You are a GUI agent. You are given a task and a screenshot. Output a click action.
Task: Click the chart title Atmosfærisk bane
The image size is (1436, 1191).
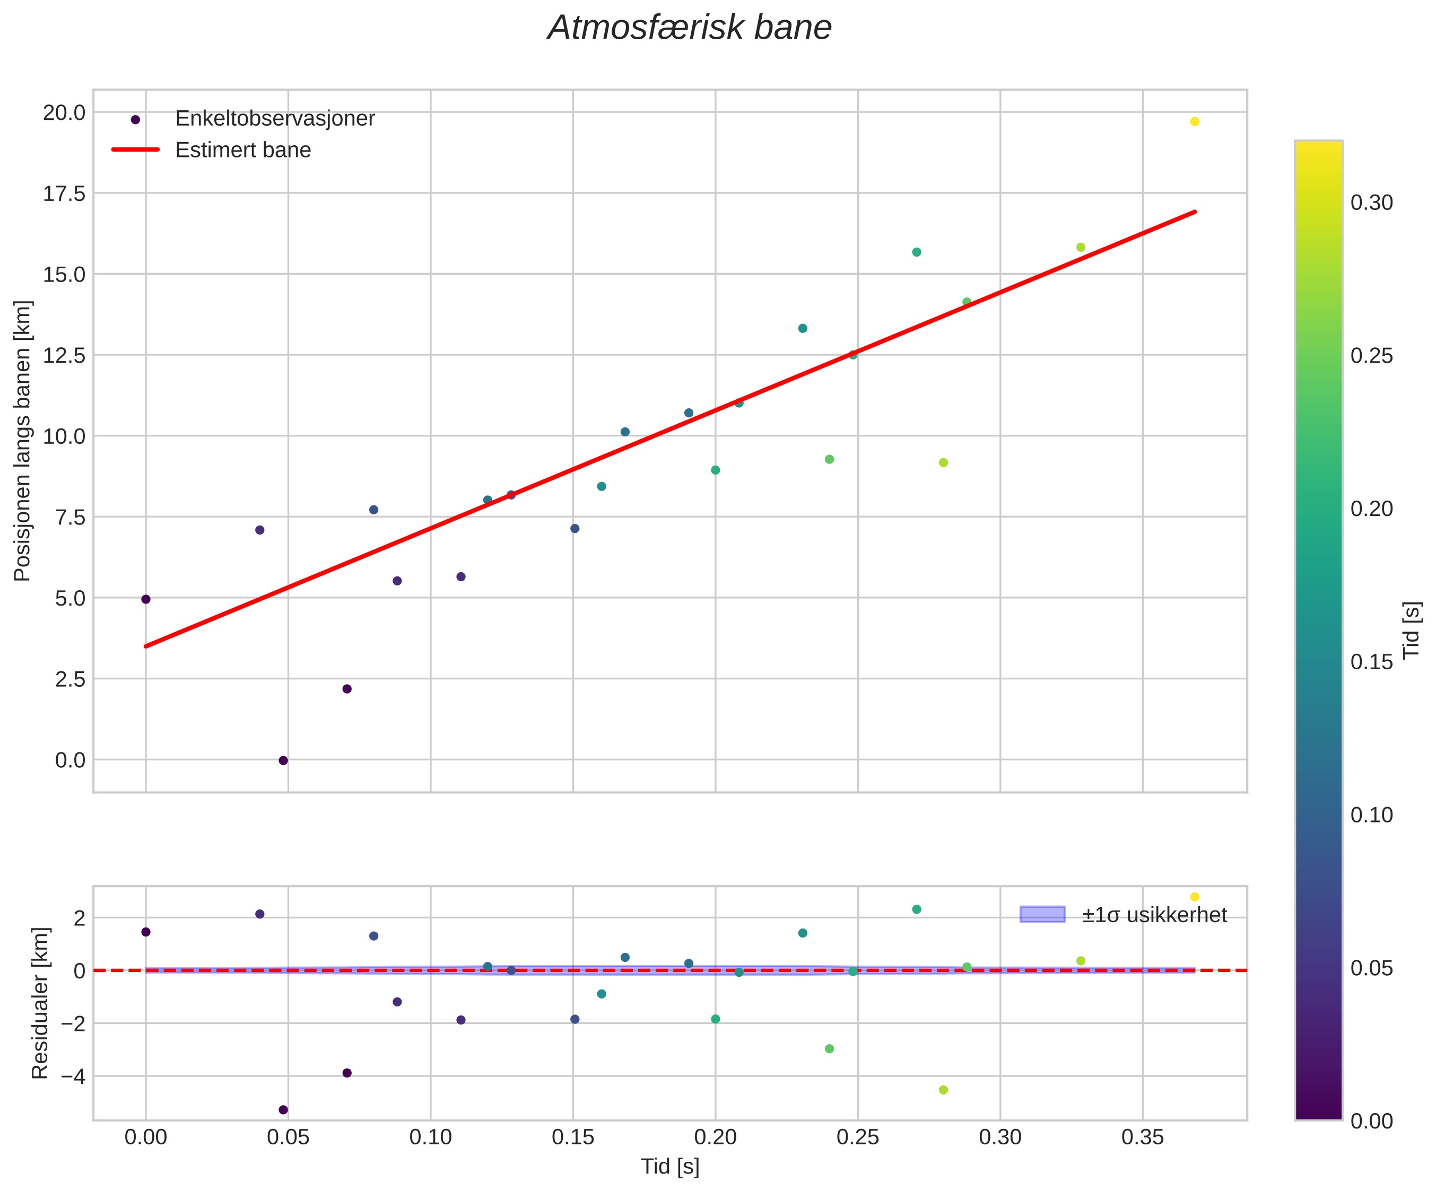689,29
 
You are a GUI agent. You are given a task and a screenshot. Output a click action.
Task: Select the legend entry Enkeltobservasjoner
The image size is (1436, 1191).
275,119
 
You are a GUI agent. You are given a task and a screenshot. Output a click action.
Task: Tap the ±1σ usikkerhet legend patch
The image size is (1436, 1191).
1042,915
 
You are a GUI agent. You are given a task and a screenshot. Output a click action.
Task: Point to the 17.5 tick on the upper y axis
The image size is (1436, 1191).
64,194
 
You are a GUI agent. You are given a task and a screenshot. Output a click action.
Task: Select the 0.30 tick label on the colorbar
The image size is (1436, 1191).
1372,203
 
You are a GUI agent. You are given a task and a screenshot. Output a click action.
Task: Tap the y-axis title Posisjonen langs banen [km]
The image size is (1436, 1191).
23,441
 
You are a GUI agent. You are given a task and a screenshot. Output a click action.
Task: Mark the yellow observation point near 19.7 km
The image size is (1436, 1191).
1195,121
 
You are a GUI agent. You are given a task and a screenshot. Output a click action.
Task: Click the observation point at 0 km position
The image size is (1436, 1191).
283,760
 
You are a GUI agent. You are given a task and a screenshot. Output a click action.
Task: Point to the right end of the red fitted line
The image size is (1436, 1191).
1195,212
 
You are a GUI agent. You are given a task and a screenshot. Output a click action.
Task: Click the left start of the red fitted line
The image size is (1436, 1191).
146,646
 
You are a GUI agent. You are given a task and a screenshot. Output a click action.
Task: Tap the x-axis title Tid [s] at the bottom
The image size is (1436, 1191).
670,1167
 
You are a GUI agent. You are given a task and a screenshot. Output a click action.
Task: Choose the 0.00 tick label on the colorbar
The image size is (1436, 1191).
1372,1121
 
